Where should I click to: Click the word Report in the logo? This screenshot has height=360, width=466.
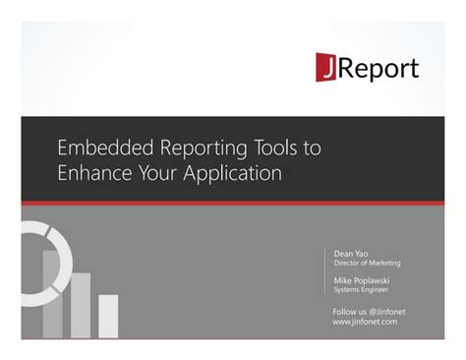379,68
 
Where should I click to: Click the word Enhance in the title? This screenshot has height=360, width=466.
97,173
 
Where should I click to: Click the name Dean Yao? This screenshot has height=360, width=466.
351,254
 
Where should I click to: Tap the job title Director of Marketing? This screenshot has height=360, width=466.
367,264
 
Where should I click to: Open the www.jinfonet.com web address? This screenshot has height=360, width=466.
365,322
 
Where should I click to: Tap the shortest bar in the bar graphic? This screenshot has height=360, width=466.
108,316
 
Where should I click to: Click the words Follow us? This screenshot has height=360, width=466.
346,311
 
